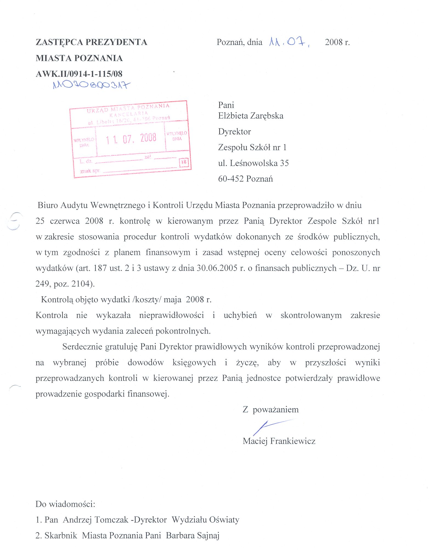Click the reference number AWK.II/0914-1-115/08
point(79,74)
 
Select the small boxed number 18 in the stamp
point(184,162)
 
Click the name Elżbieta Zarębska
point(251,116)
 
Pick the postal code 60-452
point(231,179)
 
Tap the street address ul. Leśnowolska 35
point(253,163)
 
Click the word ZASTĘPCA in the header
point(59,42)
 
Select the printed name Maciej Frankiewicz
point(279,441)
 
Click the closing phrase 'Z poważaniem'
point(270,409)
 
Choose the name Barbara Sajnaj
point(193,535)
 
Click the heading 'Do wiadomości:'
point(65,504)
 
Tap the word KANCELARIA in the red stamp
point(129,113)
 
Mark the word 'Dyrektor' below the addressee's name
point(235,132)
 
